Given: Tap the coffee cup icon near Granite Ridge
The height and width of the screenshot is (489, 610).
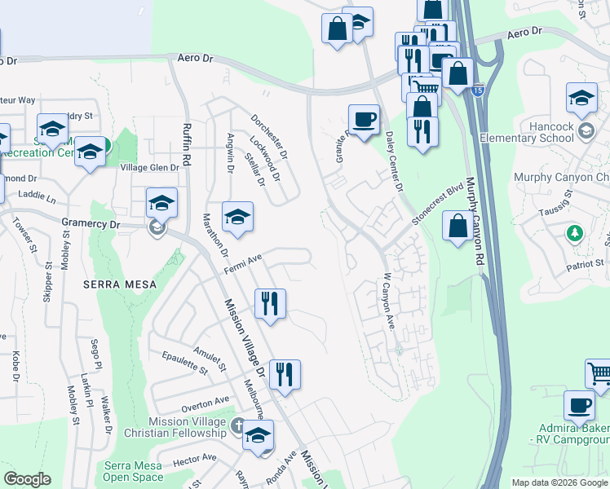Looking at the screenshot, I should (364, 119).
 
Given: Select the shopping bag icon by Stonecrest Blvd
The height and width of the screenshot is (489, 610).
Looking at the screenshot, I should (457, 226).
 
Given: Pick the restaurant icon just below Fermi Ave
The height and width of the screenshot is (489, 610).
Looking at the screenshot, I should (270, 302).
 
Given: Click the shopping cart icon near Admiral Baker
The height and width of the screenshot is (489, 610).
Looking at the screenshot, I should (599, 372).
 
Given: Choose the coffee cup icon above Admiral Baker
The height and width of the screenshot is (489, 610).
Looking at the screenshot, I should (579, 404).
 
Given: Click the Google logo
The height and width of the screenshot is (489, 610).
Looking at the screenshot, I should (27, 480).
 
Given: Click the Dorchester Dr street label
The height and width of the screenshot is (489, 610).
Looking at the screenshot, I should (270, 136).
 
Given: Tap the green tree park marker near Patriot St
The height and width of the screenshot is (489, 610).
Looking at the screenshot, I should (575, 233).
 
